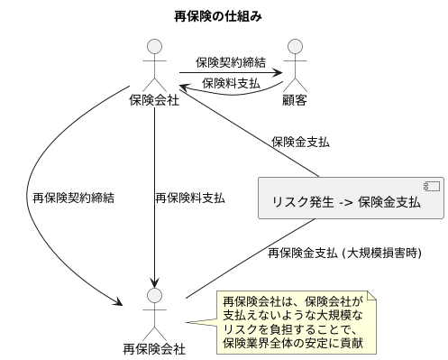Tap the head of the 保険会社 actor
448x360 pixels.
155,45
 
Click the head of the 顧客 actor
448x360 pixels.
295,45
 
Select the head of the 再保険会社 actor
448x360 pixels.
155,296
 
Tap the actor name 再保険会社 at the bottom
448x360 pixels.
155,349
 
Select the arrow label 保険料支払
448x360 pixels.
233,82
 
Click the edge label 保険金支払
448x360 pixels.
300,142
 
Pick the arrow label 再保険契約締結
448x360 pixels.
73,196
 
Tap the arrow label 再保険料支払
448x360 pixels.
190,196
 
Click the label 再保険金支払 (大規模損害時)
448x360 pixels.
344,254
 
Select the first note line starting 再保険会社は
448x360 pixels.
292,300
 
